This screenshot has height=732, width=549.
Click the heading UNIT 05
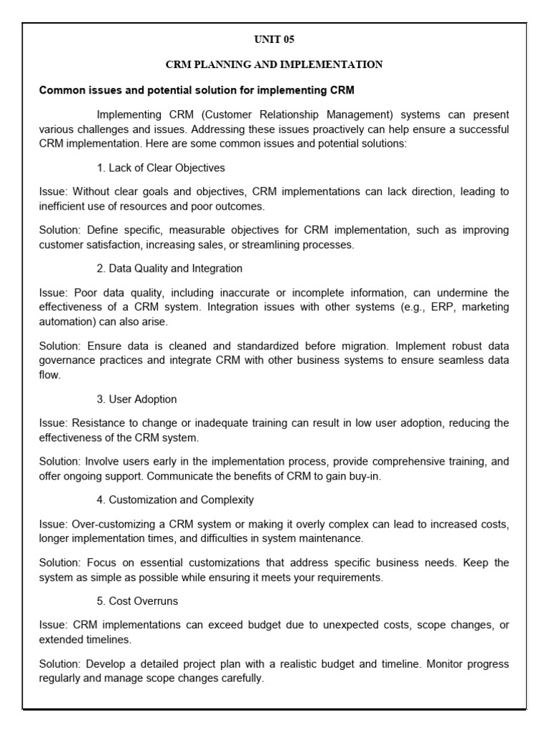[274, 40]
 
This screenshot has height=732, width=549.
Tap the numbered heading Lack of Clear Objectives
[161, 168]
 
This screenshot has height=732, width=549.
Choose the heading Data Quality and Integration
[169, 268]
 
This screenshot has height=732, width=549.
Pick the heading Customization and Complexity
[175, 500]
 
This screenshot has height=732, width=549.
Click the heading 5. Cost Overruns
[138, 601]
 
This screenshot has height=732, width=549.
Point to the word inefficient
[63, 205]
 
